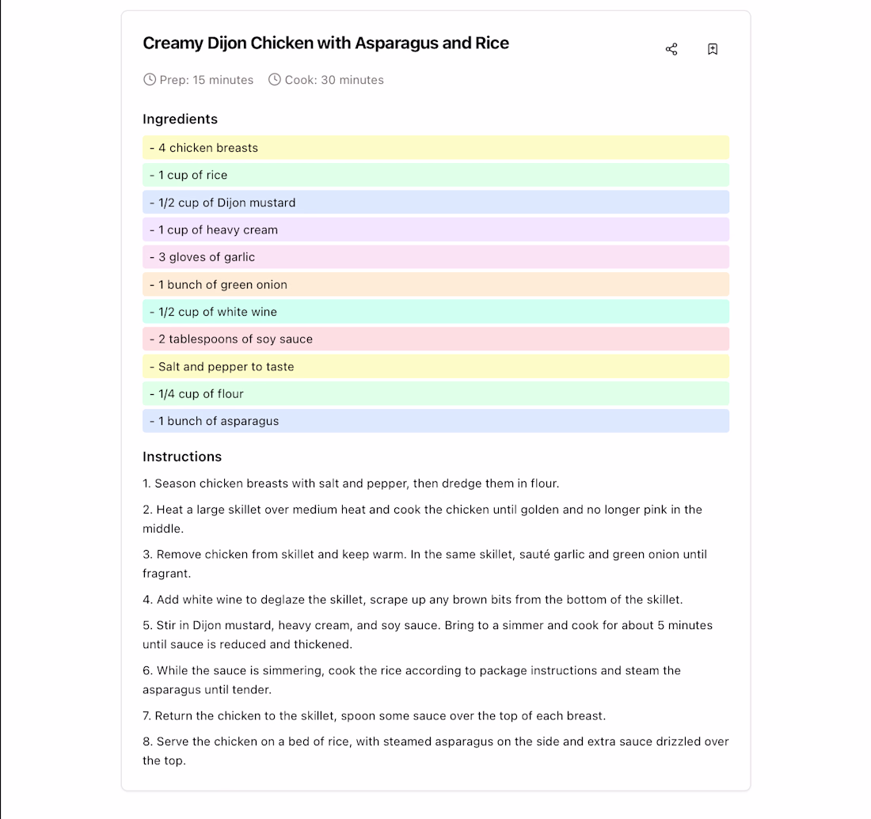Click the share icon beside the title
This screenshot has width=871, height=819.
671,49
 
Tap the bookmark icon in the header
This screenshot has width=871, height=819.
713,49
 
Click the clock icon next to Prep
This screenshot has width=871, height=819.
150,79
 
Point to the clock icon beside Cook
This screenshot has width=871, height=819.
275,79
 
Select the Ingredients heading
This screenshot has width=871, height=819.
180,119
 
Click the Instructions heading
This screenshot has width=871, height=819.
182,457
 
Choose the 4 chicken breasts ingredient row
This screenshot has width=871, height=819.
435,148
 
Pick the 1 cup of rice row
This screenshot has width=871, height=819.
435,175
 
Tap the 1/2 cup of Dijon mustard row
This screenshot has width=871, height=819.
435,203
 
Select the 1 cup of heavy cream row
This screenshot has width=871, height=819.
435,229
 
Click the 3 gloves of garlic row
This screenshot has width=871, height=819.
435,257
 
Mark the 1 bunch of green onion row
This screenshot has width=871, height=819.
435,284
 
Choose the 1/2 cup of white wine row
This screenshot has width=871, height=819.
435,312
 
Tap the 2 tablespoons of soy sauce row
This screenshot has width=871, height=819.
435,339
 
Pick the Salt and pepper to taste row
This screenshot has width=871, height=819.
435,366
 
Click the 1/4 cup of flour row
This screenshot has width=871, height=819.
435,393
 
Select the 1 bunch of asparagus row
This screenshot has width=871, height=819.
435,421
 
